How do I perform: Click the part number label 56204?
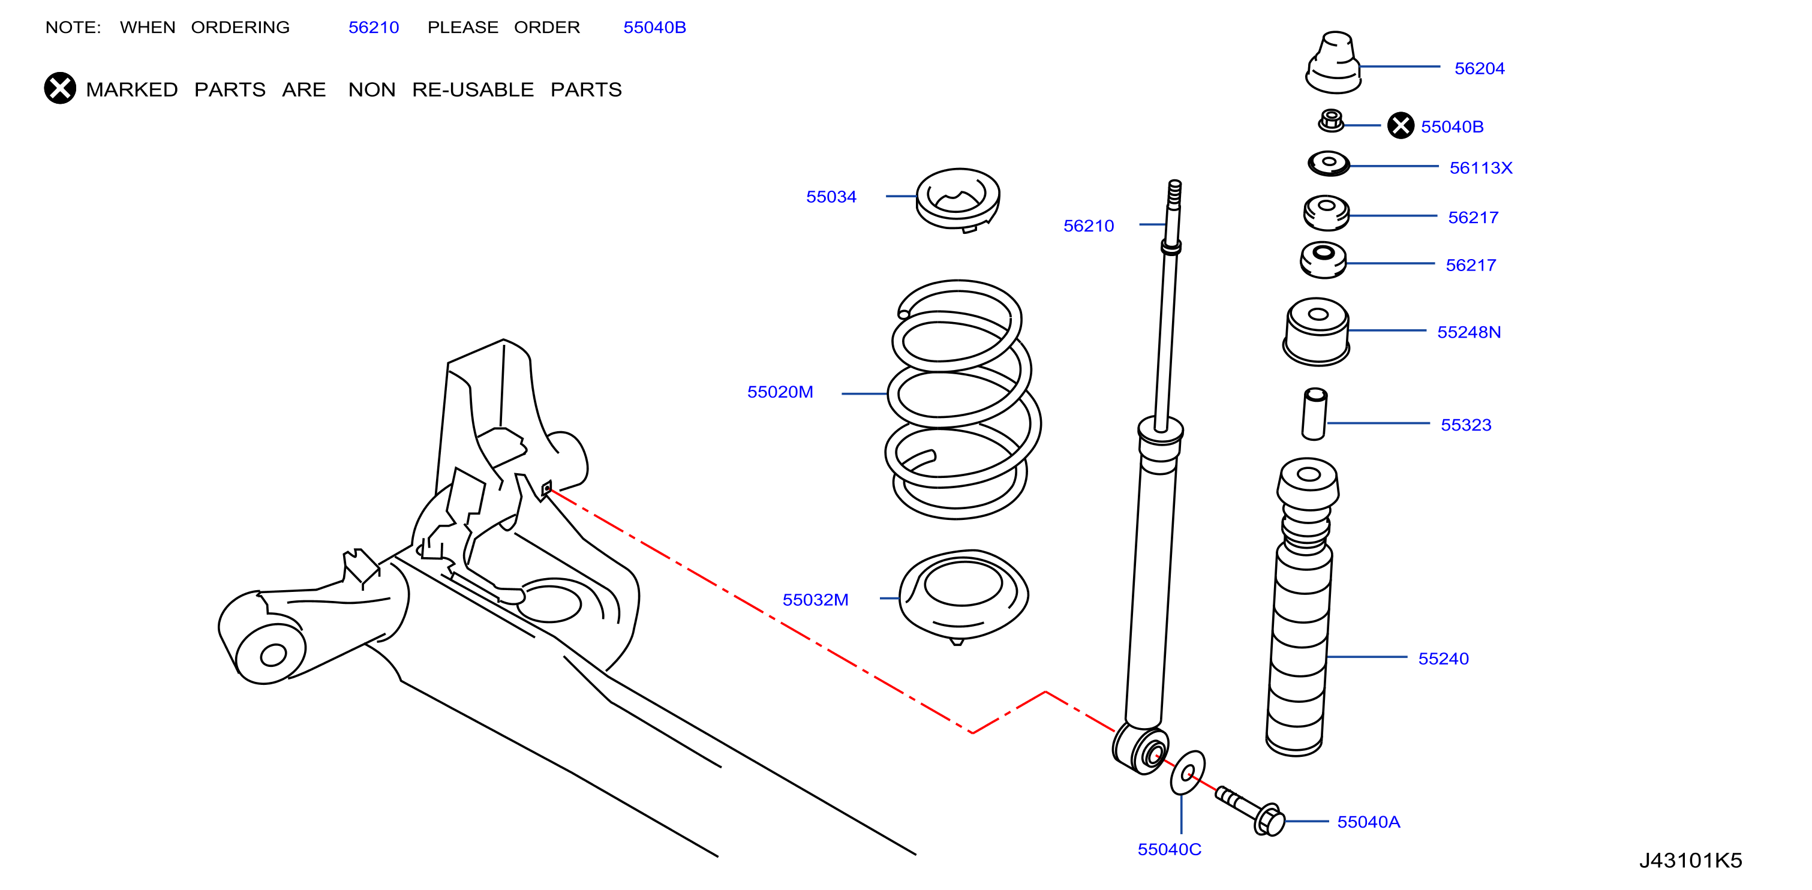pos(1479,68)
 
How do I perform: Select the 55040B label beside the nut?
pos(1452,127)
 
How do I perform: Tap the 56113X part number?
pos(1481,167)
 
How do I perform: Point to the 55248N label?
pos(1469,332)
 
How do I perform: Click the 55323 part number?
pos(1466,425)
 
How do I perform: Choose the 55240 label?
pos(1443,659)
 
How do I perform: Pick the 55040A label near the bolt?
pos(1368,822)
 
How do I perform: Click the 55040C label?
pos(1169,849)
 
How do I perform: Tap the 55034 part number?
pos(831,196)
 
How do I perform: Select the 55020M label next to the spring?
pos(780,392)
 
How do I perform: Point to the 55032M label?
pos(815,600)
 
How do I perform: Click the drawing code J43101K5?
pos(1690,861)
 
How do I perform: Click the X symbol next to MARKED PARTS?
pos(60,88)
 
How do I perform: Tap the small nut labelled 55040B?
pos(1331,121)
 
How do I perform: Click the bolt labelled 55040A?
pos(1251,810)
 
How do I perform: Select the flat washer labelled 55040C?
pos(1188,772)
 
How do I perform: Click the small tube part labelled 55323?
pos(1314,414)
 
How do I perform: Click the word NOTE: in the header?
pos(73,28)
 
